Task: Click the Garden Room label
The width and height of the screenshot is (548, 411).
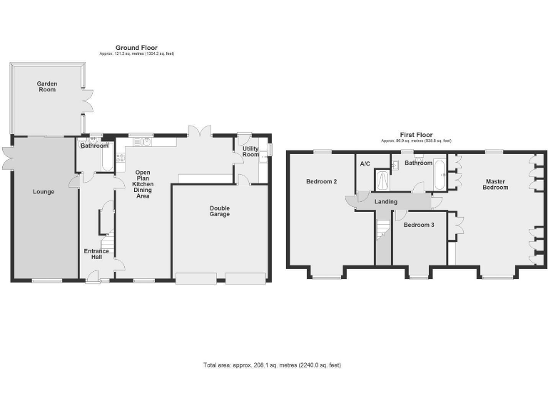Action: [47, 87]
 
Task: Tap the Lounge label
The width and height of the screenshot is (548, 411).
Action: [44, 191]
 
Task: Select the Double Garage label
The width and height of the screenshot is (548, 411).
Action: [219, 211]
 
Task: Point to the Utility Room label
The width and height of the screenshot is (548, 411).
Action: [250, 152]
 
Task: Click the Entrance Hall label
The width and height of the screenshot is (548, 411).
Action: [96, 254]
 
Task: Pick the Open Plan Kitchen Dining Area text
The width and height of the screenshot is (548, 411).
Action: [142, 184]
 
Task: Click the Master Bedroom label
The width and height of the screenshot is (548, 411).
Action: [495, 184]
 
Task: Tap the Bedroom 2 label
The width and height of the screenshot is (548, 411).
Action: [321, 181]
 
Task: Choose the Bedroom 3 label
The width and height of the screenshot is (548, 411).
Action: [418, 225]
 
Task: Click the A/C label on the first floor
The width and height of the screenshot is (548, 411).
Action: [365, 163]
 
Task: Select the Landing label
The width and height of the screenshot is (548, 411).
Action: [386, 201]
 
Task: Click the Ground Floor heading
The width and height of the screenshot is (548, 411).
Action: [136, 48]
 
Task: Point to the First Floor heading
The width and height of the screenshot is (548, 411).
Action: [416, 135]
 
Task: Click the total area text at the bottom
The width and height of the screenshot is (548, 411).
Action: [272, 365]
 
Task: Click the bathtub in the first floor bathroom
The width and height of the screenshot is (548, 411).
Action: [439, 176]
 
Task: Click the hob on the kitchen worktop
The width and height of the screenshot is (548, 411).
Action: [120, 158]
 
